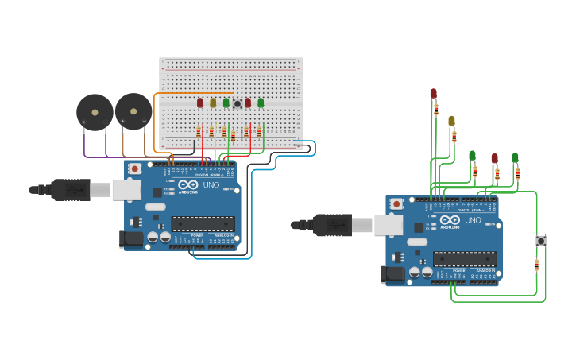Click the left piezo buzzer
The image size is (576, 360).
tap(95, 112)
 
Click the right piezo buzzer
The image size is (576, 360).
tap(133, 111)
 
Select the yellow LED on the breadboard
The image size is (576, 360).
tap(213, 103)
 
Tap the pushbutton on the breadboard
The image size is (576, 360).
tap(237, 104)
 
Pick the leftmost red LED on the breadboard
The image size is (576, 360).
tap(200, 103)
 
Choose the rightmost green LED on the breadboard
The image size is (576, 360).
tap(261, 103)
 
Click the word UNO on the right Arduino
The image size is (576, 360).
tap(473, 220)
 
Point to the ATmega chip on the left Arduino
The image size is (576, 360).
tap(203, 223)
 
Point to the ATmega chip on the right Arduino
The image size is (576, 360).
tap(464, 259)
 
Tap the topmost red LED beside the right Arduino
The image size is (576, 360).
tap(433, 94)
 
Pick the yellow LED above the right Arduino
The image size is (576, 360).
tap(451, 121)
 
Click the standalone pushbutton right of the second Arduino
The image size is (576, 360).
tap(541, 241)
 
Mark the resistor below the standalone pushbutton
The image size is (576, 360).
tap(536, 265)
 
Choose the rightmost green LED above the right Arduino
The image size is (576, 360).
tap(515, 157)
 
